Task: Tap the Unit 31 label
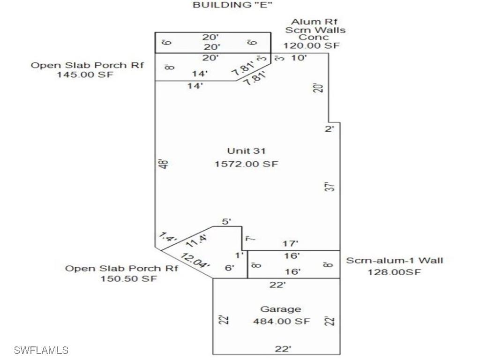(x=246, y=151)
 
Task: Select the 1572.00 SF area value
(x=246, y=164)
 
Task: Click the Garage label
(x=280, y=309)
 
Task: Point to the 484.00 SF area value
(x=281, y=322)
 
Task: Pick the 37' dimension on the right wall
(x=331, y=187)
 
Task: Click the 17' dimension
(x=291, y=244)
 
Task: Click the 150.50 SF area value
(x=129, y=279)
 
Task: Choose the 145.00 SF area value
(x=85, y=75)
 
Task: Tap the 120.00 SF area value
(x=311, y=45)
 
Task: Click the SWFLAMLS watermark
(x=41, y=350)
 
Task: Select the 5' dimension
(x=226, y=221)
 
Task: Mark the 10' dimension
(x=299, y=58)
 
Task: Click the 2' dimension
(x=330, y=128)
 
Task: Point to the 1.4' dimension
(x=167, y=237)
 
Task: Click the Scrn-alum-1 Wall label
(x=395, y=261)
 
